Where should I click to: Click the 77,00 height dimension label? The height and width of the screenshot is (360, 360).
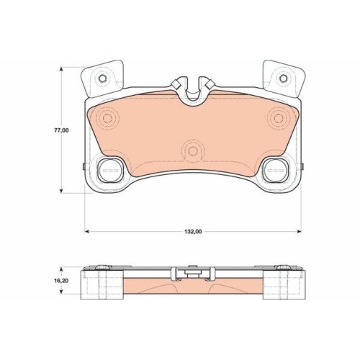(61, 130)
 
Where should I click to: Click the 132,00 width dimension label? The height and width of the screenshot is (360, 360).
(193, 232)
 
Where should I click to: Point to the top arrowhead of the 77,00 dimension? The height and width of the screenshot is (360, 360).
(62, 70)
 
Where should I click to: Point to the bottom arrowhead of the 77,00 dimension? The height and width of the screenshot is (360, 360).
(62, 190)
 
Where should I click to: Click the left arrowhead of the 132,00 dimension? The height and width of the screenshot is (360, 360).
(88, 231)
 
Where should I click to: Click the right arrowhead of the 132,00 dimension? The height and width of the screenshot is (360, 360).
(299, 231)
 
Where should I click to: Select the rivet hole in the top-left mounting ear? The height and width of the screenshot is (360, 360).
(102, 78)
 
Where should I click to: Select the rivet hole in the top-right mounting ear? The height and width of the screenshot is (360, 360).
(284, 78)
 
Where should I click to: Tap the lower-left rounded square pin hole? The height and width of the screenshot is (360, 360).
(110, 170)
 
